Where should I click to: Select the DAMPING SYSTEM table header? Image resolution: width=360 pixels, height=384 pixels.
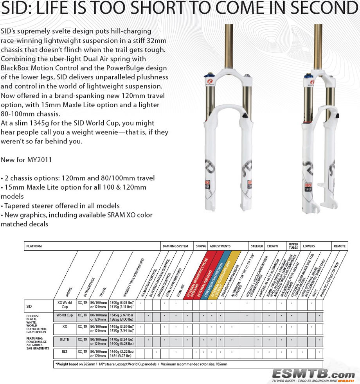click(x=175, y=246)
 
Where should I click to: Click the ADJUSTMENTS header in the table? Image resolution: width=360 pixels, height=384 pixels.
click(x=220, y=246)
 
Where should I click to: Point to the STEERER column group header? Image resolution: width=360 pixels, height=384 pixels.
click(x=257, y=246)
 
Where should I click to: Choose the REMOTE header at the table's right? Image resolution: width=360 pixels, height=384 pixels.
click(x=339, y=246)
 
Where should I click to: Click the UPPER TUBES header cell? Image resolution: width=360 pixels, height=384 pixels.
click(x=293, y=246)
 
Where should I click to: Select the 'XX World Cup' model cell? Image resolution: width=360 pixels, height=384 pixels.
click(x=65, y=305)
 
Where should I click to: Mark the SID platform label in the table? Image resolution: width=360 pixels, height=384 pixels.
click(x=29, y=306)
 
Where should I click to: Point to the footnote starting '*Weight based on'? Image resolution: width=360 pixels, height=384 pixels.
click(x=141, y=364)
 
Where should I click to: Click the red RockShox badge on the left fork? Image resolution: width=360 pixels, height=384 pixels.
click(x=209, y=184)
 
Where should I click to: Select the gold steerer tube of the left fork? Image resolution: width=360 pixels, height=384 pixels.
click(x=229, y=47)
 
